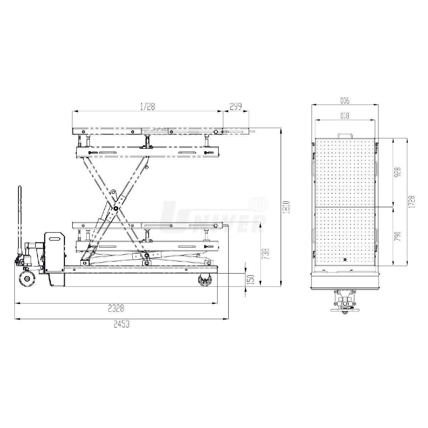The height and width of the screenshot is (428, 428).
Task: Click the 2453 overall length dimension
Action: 122,324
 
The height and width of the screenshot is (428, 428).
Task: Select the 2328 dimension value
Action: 116,308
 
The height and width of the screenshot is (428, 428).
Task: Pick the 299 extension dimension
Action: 236,107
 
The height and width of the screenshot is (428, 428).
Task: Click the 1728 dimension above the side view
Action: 147,107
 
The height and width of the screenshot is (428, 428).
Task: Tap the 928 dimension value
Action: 398,172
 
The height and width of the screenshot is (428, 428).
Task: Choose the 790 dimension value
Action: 398,237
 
